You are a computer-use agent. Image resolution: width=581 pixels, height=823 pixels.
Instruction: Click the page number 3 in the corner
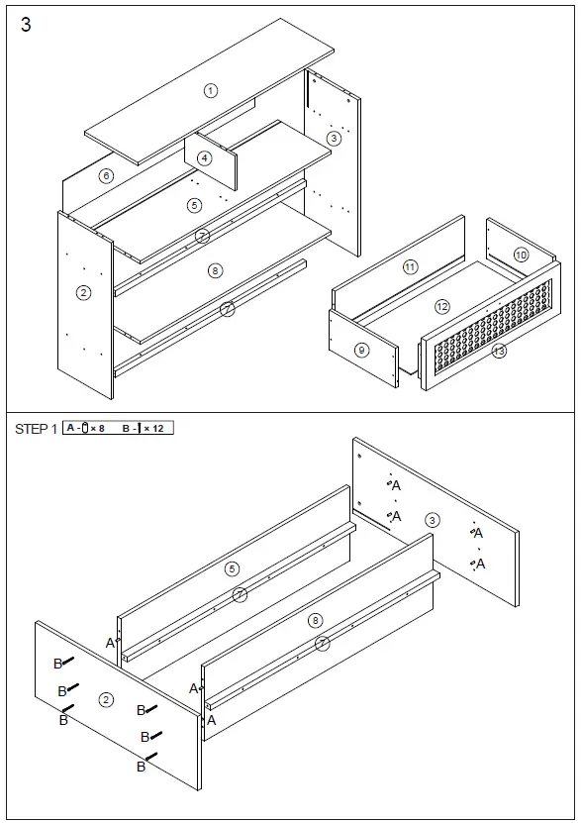click(x=26, y=26)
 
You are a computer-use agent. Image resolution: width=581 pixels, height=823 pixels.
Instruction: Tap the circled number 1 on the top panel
click(x=210, y=90)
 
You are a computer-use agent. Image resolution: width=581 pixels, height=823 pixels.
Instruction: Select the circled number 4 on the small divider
click(x=204, y=157)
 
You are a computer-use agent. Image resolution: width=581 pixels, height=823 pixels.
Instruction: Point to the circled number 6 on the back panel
click(x=106, y=176)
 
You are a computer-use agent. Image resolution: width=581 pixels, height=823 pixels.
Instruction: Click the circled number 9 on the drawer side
click(x=361, y=350)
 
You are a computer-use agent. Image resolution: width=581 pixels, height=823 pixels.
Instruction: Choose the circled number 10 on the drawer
click(x=521, y=256)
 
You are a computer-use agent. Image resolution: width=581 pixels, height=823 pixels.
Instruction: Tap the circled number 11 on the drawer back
click(x=410, y=266)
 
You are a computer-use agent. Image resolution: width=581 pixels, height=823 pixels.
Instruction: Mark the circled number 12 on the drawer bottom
click(x=442, y=307)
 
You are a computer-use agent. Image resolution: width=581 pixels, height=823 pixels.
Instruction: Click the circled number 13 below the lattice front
click(x=499, y=351)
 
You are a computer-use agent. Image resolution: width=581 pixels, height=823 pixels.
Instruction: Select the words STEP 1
click(x=36, y=429)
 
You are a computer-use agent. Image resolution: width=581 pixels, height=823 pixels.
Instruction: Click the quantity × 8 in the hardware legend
click(x=97, y=428)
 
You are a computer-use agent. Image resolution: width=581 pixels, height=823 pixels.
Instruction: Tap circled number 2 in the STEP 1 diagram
click(x=106, y=699)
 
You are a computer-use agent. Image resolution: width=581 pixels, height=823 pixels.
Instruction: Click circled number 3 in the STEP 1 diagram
click(x=432, y=520)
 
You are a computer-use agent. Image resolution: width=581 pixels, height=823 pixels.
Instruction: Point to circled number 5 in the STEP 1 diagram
click(x=232, y=568)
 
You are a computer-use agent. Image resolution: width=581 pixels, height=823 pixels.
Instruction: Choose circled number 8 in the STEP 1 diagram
click(x=315, y=620)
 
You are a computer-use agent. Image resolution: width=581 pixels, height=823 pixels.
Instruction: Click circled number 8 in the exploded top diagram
click(x=216, y=269)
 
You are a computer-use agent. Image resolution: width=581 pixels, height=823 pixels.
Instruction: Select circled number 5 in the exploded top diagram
click(x=194, y=205)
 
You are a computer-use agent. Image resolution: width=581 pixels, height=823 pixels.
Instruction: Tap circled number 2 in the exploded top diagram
click(x=83, y=292)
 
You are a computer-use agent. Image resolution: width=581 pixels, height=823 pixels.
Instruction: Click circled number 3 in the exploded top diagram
click(x=334, y=138)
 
